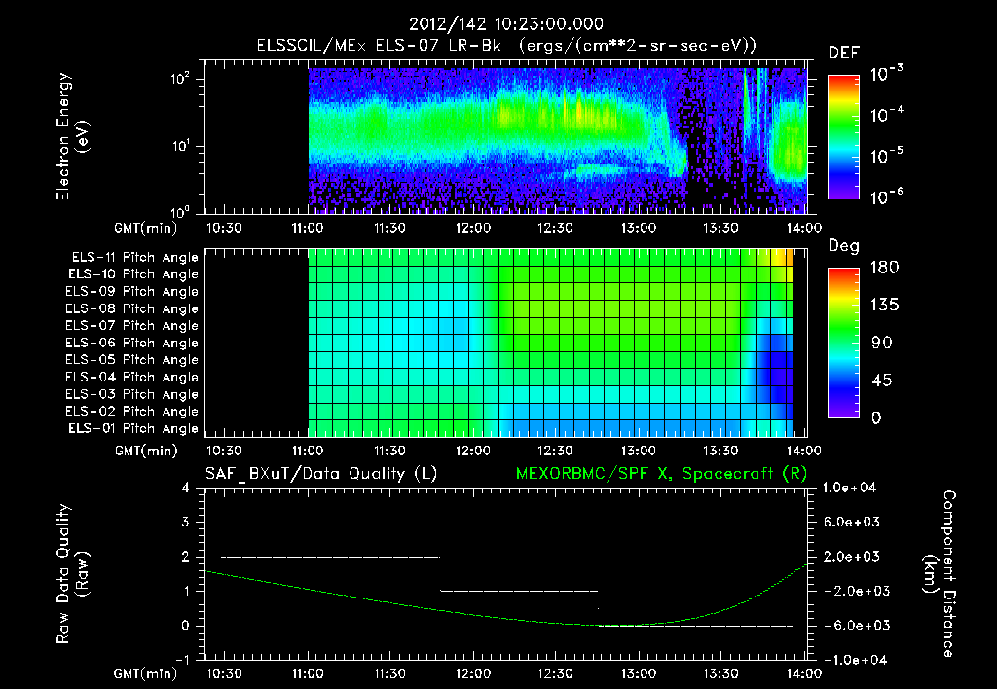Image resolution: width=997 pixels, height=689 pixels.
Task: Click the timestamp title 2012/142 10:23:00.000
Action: (506, 24)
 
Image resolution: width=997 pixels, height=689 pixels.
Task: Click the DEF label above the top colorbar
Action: (843, 54)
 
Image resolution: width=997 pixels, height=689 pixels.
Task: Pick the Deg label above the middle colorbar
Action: (843, 246)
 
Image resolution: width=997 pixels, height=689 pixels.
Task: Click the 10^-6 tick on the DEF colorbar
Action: (886, 198)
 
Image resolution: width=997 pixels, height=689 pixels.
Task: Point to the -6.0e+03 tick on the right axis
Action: (853, 626)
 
